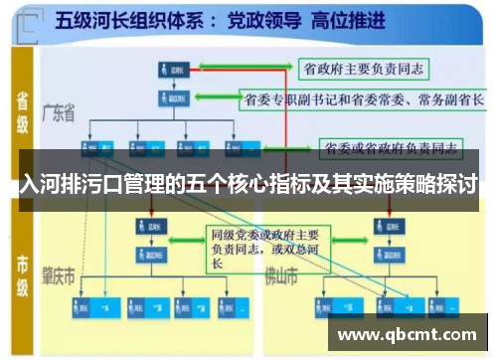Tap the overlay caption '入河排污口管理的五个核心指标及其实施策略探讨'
pos(248,185)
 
